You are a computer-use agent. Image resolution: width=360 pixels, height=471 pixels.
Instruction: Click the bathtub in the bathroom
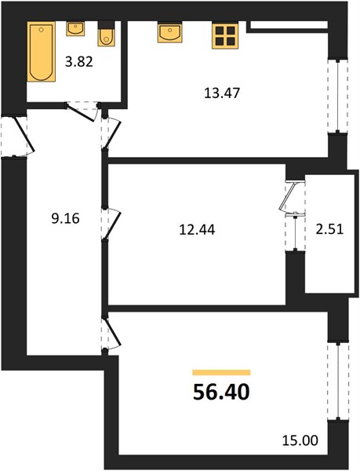[x=42, y=51]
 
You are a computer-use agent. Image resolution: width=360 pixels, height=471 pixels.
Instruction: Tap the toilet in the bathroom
[x=106, y=34]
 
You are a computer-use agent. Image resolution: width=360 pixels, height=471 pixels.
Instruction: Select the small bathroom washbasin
[x=75, y=29]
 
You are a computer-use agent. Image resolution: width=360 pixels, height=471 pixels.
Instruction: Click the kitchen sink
[x=169, y=32]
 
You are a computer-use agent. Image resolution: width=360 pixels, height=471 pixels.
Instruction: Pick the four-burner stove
[x=225, y=36]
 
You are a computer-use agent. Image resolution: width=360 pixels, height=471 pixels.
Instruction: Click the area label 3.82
[x=79, y=62]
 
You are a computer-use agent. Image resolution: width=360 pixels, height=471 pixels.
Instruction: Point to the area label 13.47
[x=222, y=93]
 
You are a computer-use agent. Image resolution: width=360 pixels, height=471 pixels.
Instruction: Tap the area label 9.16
[x=65, y=218]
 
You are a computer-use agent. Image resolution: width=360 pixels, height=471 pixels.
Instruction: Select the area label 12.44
[x=197, y=230]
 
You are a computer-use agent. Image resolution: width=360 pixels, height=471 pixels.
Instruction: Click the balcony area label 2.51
[x=329, y=229]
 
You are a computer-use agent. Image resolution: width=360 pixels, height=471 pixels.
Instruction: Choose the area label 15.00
[x=300, y=441]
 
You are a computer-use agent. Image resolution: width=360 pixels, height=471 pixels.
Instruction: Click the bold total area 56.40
[x=221, y=392]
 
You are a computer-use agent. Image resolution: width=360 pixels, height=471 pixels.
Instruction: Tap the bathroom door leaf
[x=82, y=112]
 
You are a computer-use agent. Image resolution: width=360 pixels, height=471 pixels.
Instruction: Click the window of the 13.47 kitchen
[x=338, y=95]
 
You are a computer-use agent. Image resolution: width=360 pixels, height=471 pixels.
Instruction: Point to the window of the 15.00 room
[x=338, y=381]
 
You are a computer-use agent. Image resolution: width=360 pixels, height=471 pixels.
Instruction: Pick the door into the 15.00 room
[x=111, y=334]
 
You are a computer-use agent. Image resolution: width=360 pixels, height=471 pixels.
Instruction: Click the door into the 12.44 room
[x=111, y=224]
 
